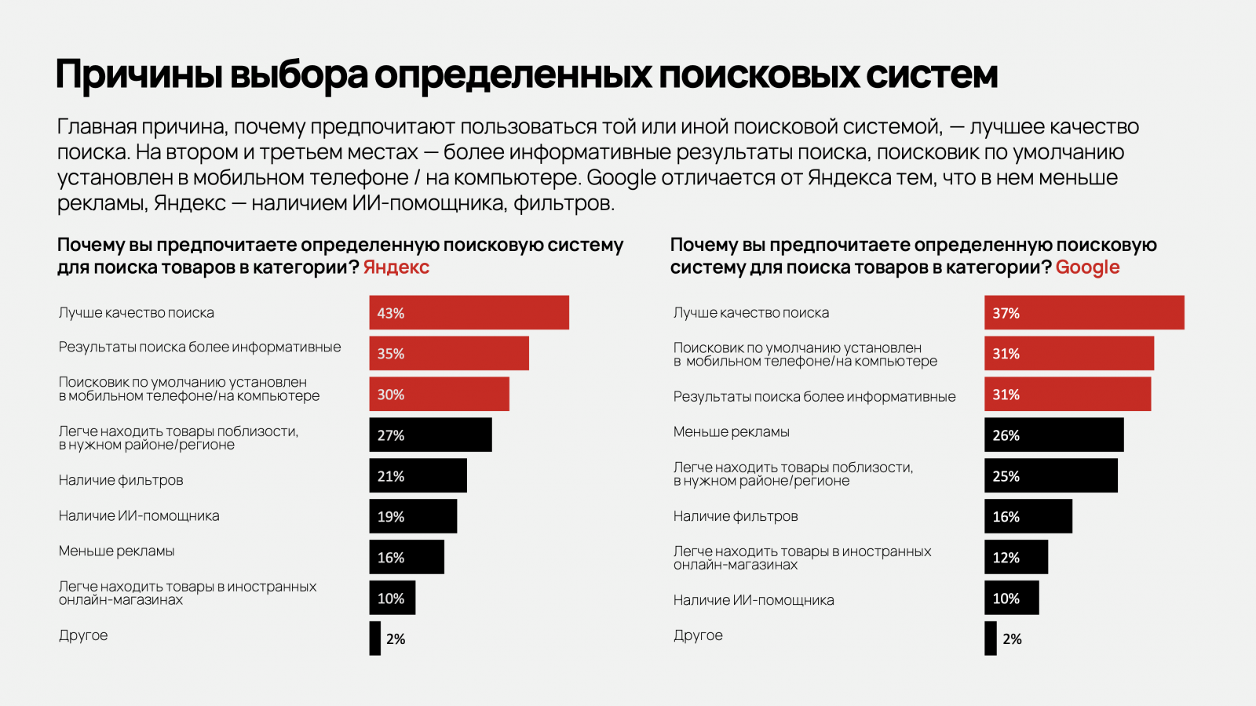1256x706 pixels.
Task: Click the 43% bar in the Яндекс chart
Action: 469,312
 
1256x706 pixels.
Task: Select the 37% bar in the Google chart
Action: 1084,312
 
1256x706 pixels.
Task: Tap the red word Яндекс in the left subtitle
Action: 396,267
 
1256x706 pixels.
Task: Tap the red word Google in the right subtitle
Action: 1087,267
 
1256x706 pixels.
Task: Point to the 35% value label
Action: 391,354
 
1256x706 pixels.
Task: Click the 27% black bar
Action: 430,435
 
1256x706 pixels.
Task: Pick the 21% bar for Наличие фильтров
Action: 418,475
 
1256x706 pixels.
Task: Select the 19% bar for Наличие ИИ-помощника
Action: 413,516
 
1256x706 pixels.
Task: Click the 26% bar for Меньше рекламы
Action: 1053,435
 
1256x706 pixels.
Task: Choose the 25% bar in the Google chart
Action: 1050,475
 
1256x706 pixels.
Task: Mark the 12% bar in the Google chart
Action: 1016,557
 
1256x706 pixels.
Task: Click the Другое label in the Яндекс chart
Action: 83,635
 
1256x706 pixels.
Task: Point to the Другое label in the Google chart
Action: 698,635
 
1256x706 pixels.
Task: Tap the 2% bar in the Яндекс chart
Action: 375,639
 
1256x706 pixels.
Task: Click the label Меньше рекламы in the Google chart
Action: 731,432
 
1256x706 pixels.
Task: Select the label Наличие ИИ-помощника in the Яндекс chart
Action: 139,516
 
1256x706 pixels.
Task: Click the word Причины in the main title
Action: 137,75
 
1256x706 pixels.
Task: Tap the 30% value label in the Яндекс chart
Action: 391,395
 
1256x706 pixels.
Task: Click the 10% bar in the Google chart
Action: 1011,598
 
